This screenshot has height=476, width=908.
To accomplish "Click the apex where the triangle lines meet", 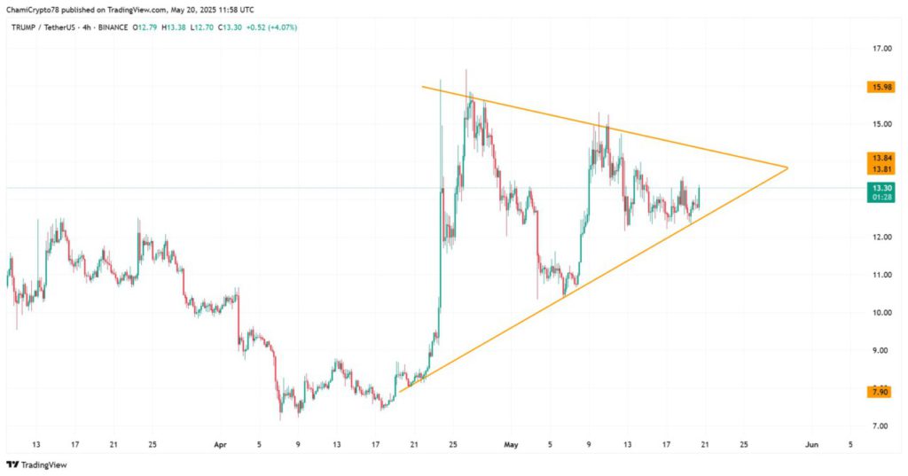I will pyautogui.click(x=787, y=168).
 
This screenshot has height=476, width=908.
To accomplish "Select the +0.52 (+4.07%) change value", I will pyautogui.click(x=271, y=27).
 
